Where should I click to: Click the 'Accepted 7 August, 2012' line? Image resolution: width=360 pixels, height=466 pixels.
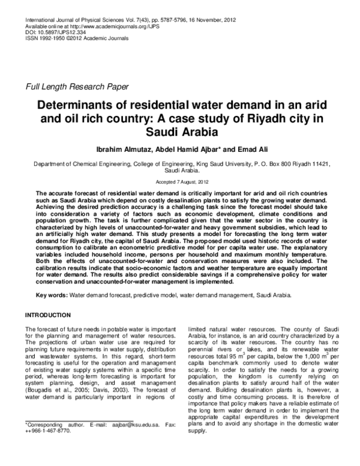(180, 181)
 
